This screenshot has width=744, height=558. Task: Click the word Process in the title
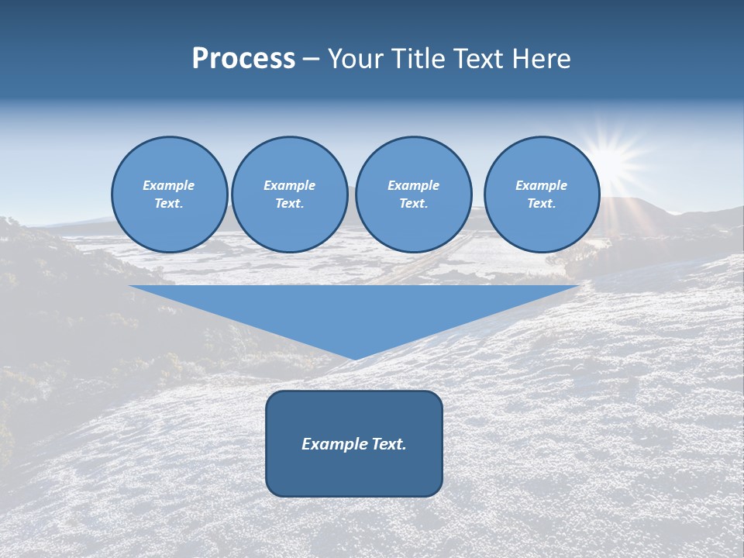(243, 59)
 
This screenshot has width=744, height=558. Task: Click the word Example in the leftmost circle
(169, 185)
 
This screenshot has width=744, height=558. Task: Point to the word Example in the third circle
(413, 185)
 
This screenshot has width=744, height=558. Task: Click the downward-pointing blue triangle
(354, 310)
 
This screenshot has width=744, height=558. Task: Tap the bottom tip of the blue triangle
(354, 358)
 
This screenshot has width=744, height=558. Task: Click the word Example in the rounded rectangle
(333, 444)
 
